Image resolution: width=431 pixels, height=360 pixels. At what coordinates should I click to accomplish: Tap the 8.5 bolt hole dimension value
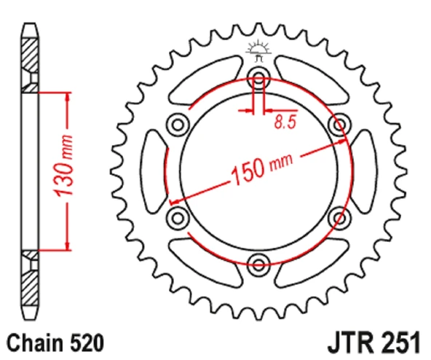pos(285,123)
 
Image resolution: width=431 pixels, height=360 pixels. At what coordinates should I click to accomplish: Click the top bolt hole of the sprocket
pos(258,77)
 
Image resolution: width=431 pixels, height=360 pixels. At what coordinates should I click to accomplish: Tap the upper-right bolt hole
pos(339,124)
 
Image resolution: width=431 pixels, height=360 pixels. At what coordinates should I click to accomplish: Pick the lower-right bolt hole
pos(339,217)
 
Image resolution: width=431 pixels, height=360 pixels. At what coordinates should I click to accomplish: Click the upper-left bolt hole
pos(177,124)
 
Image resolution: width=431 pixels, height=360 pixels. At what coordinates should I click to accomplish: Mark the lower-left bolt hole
pos(177,217)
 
